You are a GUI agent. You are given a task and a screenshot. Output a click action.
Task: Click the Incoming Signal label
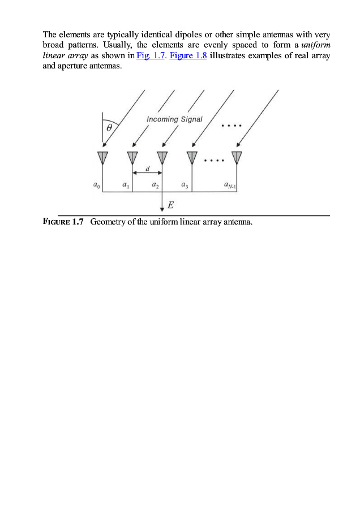pos(174,119)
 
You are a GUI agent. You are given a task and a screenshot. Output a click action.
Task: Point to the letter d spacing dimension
pos(147,168)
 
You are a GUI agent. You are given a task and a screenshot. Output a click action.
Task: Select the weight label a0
pos(96,184)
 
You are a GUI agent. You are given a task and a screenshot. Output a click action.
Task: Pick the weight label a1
pos(126,184)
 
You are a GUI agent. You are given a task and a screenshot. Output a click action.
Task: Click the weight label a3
pos(185,184)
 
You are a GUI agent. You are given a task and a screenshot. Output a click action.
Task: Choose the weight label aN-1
pos(230,184)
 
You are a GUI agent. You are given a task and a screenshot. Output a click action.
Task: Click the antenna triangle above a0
pos(102,156)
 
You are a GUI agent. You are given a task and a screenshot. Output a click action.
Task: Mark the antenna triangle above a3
pos(192,156)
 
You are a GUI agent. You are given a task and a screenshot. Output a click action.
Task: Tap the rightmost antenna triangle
pos(237,156)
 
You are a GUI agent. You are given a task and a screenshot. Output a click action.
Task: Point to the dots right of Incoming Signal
pos(232,124)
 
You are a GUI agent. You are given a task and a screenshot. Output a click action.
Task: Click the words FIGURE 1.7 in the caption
pos(63,222)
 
